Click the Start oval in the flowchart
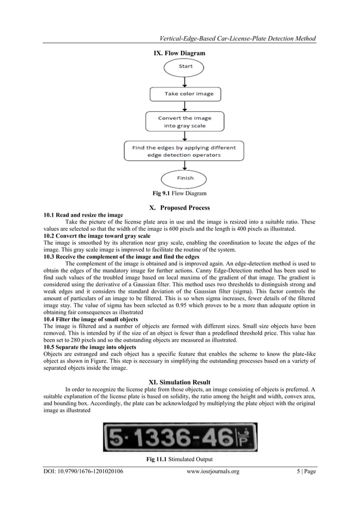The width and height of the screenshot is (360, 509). coord(185,67)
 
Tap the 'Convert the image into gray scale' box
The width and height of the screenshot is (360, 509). coord(185,122)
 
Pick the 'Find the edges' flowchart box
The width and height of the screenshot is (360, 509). coord(185,151)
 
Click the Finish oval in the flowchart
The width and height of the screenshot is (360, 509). coord(185,178)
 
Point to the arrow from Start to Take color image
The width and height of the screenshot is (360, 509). coord(185,80)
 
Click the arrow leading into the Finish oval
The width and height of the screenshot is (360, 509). coord(185,165)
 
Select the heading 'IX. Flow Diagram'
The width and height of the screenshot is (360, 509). coord(180,52)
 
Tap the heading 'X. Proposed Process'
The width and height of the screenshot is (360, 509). coord(180,208)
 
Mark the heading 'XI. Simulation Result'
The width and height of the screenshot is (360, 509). coord(180,381)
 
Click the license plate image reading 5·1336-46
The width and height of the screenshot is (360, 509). coord(179,437)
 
